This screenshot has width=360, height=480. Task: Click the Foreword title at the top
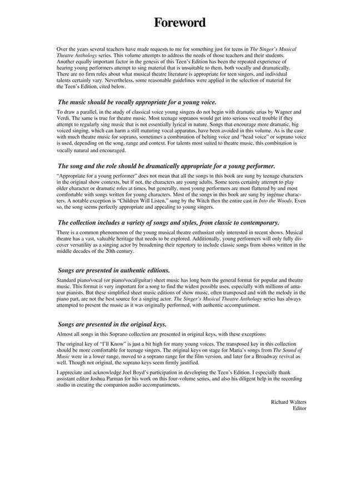click(179, 23)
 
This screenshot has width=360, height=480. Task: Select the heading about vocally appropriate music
click(137, 102)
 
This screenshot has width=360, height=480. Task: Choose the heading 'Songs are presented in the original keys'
click(112, 324)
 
